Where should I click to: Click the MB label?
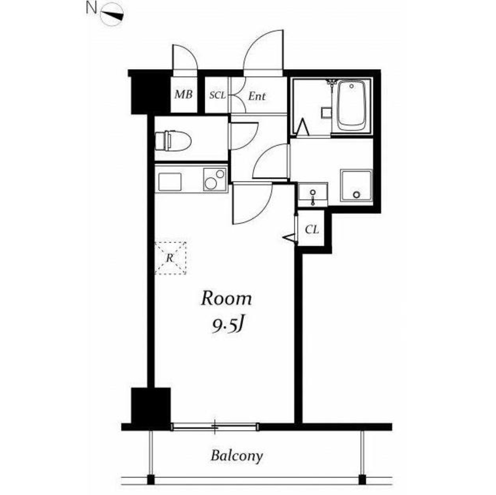coord(183,94)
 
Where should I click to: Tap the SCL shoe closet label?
coord(218,95)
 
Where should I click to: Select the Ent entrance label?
coord(257,96)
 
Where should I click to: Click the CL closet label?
coord(312,230)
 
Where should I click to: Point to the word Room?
coord(226,298)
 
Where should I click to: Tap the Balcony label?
coord(237,456)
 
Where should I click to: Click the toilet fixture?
coord(173,141)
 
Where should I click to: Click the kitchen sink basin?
coord(170,182)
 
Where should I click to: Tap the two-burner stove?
coord(215,179)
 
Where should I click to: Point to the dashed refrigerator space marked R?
coord(170,258)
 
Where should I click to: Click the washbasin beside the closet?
coord(313,196)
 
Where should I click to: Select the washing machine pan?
coord(356,186)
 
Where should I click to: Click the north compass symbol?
coord(112,14)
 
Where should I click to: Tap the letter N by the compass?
coord(91,8)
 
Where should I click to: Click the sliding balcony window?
coord(215,427)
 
